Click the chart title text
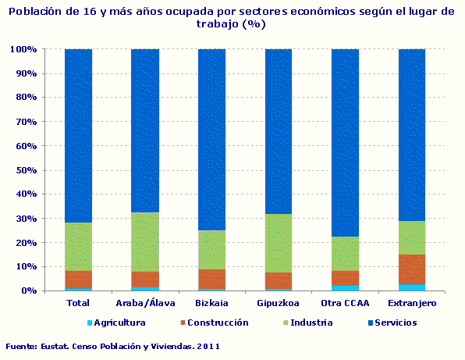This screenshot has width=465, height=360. tap(232, 17)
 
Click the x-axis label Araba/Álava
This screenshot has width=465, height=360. tap(144, 303)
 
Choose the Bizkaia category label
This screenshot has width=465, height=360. tap(211, 303)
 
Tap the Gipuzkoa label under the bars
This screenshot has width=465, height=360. tap(279, 303)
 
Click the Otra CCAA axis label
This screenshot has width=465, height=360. tap(345, 303)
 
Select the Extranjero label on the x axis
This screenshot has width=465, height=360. tap(412, 303)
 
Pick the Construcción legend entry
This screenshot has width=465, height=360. tap(211, 323)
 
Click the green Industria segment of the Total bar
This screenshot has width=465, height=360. tap(78, 247)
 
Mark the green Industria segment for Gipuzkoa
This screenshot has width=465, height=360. tap(279, 243)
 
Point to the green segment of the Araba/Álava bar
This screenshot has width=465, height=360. tap(144, 242)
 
